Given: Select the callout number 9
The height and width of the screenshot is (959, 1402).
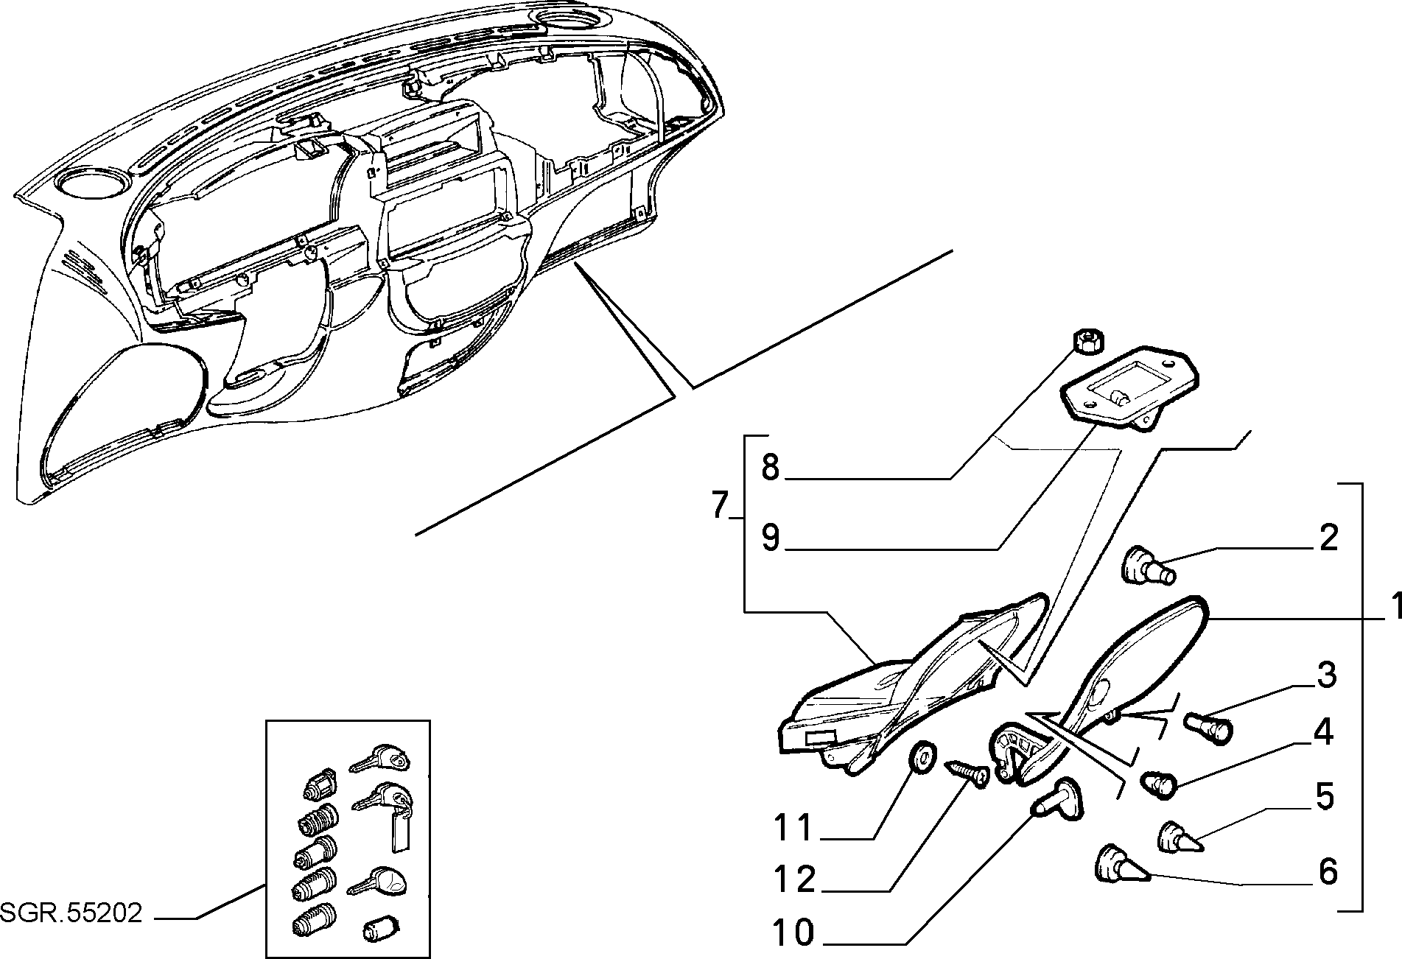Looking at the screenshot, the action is [771, 538].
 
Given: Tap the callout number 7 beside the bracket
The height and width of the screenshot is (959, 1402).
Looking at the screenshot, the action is [723, 505].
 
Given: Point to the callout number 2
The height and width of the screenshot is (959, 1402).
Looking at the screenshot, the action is [1328, 538].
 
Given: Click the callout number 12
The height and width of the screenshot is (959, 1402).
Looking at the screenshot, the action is [795, 878].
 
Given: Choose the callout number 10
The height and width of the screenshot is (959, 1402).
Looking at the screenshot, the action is [794, 934].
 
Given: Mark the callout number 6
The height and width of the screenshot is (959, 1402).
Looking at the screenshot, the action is [1328, 871].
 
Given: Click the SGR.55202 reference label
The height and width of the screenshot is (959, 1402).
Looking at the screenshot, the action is [71, 913].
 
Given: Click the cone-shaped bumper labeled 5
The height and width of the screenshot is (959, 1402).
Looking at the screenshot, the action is [1181, 838].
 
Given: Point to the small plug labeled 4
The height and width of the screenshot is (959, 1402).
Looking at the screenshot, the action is [1159, 784].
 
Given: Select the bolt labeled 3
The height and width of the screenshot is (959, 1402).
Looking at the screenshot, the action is [1208, 728].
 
